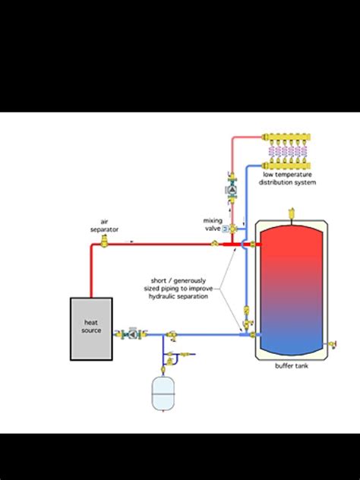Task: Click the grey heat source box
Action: coord(91,328)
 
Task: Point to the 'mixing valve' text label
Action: coord(212,224)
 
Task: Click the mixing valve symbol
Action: coord(233,228)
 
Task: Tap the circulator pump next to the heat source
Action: coord(132,333)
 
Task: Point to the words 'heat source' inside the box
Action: coord(91,326)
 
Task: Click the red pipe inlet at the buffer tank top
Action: coord(253,244)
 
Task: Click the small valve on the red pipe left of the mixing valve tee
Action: coord(215,244)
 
